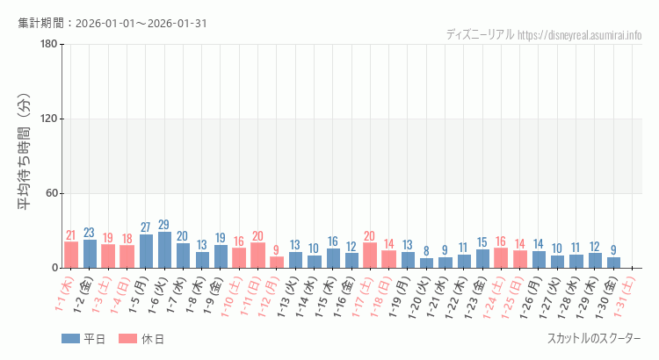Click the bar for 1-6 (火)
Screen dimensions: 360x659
click(x=164, y=250)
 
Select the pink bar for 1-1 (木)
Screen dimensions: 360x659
click(x=71, y=255)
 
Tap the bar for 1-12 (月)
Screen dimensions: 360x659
click(x=277, y=263)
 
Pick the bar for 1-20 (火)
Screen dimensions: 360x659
click(x=426, y=263)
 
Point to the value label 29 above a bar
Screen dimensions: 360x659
click(x=164, y=226)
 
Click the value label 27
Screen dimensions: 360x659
click(x=146, y=228)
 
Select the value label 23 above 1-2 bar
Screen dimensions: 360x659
click(x=90, y=233)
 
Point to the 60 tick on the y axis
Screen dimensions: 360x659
click(x=51, y=193)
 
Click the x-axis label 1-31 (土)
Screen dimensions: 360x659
click(x=627, y=294)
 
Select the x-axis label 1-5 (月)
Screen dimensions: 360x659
click(x=141, y=294)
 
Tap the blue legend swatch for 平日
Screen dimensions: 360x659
click(x=70, y=339)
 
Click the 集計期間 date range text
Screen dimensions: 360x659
click(x=112, y=23)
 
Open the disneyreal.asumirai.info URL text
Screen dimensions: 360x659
click(x=580, y=35)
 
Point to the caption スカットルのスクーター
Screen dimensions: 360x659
click(x=594, y=339)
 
